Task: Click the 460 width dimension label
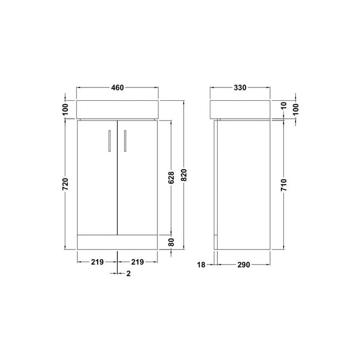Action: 117,88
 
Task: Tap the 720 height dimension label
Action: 65,184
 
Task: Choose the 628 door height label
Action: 172,176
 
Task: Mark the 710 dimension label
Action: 284,184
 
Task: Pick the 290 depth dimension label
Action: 243,265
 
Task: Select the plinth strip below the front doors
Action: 117,243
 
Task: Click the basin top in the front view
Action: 117,108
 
